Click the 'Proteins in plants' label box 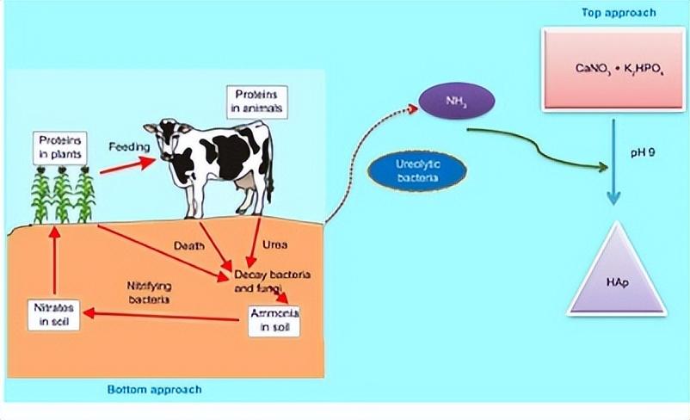pos(58,147)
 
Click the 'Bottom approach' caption pos(154,389)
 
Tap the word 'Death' pos(189,245)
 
